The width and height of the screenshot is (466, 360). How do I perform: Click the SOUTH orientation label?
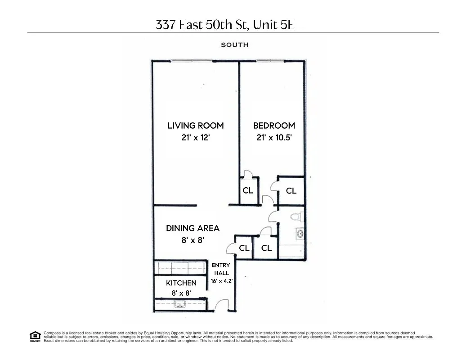pyautogui.click(x=234, y=45)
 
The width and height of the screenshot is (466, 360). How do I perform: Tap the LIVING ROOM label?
pyautogui.click(x=196, y=126)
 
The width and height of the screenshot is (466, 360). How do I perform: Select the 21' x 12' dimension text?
pyautogui.click(x=196, y=138)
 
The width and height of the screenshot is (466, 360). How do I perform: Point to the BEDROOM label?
pyautogui.click(x=274, y=126)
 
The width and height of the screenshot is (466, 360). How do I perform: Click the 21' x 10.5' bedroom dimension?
pyautogui.click(x=274, y=138)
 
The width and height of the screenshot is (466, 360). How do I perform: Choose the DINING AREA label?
pyautogui.click(x=193, y=228)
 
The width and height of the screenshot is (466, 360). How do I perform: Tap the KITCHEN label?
pyautogui.click(x=181, y=283)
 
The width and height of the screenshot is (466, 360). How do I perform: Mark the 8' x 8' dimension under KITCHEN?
pyautogui.click(x=181, y=293)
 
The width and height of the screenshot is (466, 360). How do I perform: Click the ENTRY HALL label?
pyautogui.click(x=221, y=269)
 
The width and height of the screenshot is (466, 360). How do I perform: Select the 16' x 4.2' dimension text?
pyautogui.click(x=221, y=281)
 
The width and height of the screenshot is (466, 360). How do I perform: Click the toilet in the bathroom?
pyautogui.click(x=296, y=217)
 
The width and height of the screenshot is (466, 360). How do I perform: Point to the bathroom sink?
pyautogui.click(x=299, y=234)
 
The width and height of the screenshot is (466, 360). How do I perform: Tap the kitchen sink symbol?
pyautogui.click(x=181, y=304)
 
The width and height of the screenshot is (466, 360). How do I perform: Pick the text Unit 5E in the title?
pyautogui.click(x=273, y=25)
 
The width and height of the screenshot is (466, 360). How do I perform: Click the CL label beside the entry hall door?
pyautogui.click(x=244, y=248)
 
